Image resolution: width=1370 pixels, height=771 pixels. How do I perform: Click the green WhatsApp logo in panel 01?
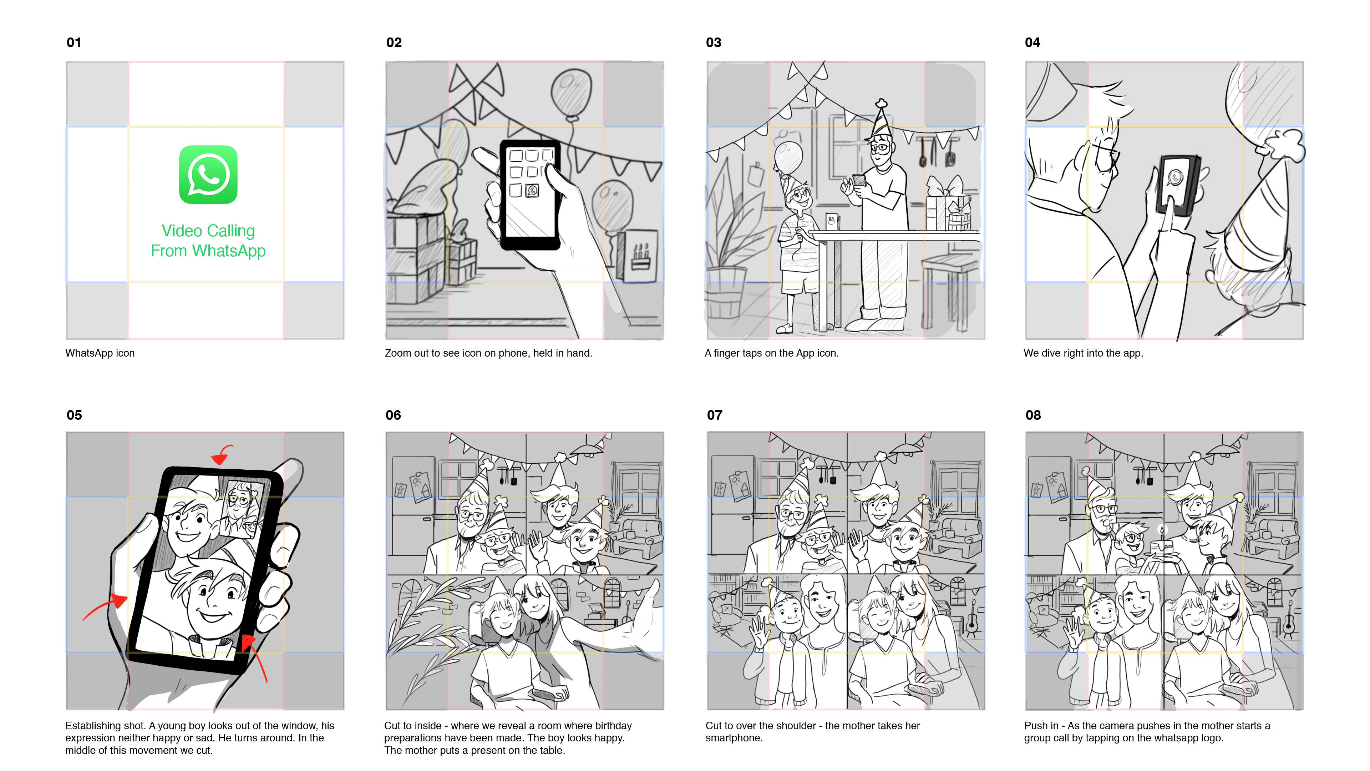point(208,175)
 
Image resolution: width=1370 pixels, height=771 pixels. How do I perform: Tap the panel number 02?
point(394,42)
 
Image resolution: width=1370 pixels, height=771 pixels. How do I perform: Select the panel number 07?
point(714,415)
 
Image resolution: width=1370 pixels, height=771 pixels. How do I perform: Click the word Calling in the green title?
point(230,231)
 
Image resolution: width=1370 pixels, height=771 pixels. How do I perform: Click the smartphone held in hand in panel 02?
point(530,194)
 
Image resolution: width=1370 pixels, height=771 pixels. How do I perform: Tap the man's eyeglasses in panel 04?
point(1105,154)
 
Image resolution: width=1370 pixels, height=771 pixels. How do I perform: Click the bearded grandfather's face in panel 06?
point(471,515)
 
